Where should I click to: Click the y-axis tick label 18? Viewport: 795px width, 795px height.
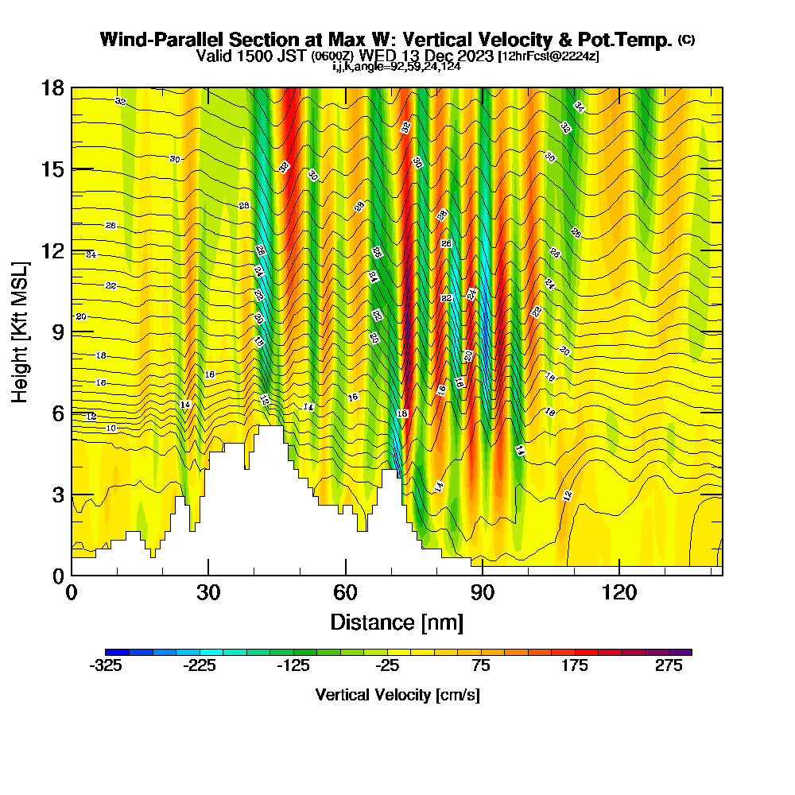pyautogui.click(x=52, y=87)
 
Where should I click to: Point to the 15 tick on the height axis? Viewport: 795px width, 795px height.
pyautogui.click(x=52, y=169)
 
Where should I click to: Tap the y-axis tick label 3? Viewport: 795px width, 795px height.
pyautogui.click(x=57, y=494)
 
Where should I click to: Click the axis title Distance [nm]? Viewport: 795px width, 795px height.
pyautogui.click(x=397, y=621)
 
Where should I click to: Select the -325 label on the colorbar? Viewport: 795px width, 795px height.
pyautogui.click(x=106, y=666)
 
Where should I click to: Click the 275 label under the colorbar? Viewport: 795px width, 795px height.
pyautogui.click(x=669, y=666)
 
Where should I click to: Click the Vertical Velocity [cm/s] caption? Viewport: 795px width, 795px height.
pyautogui.click(x=397, y=695)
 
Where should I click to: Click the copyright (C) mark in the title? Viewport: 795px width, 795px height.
pyautogui.click(x=686, y=40)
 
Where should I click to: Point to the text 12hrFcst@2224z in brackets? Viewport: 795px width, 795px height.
pyautogui.click(x=549, y=56)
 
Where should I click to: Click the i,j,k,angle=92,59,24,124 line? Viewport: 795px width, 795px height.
pyautogui.click(x=397, y=66)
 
